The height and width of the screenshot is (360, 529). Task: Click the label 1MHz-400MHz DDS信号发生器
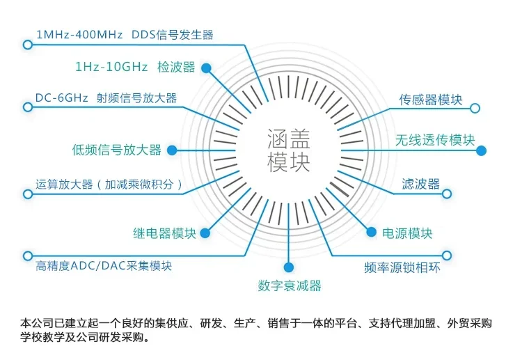125,34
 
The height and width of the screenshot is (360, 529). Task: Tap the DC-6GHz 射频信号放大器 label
106,98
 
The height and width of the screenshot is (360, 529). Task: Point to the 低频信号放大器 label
116,150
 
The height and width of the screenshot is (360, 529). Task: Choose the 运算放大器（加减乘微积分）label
110,185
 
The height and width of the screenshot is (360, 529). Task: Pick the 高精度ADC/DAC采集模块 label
104,266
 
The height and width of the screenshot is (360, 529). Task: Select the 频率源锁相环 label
402,267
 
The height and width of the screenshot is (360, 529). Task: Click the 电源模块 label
408,233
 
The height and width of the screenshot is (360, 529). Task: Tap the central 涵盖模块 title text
289,150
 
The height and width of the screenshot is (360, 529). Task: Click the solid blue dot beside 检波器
207,68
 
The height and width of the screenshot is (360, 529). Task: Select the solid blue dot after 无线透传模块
481,150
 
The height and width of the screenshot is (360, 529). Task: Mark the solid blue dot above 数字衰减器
289,266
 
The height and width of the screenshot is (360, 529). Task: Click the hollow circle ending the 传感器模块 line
475,109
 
